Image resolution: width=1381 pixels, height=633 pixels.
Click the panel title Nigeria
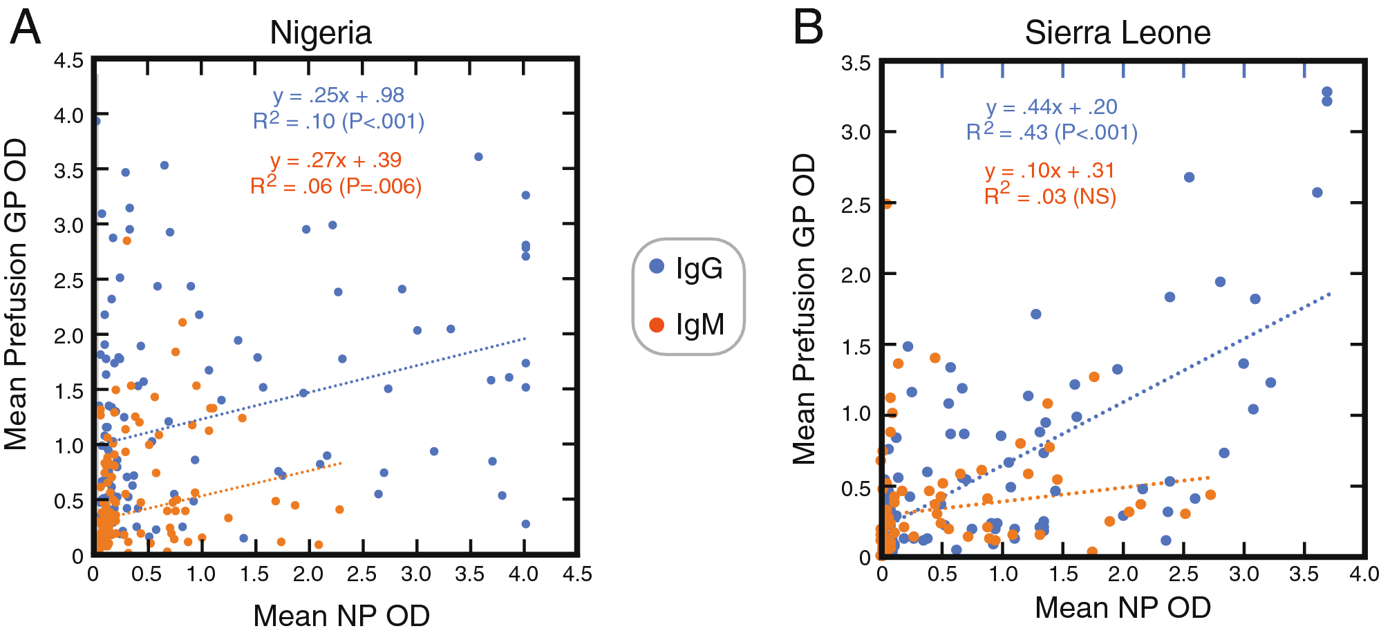[321, 32]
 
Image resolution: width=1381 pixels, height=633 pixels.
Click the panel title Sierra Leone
[1117, 32]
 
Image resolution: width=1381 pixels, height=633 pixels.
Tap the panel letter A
[25, 28]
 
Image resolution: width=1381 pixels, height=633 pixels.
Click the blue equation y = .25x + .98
[338, 95]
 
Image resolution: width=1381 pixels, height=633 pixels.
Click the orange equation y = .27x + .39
[336, 160]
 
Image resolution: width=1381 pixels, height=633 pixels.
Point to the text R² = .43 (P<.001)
[1051, 132]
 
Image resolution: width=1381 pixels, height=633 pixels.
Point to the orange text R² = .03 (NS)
[1050, 196]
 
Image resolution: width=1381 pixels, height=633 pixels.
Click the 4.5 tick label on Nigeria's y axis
[68, 61]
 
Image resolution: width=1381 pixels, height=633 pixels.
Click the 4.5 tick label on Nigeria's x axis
[577, 574]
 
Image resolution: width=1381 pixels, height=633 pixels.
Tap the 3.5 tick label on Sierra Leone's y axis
[856, 64]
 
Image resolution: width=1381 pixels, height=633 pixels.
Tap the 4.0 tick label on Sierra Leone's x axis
[1364, 574]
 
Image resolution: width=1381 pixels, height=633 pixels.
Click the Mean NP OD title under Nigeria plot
[341, 615]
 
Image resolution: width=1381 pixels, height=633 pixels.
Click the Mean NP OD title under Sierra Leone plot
[1122, 607]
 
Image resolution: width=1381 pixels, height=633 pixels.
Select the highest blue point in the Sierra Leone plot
[1326, 92]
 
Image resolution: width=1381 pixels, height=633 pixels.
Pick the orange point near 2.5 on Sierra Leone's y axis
[886, 204]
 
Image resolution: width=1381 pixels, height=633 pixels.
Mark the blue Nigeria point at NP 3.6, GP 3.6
[478, 157]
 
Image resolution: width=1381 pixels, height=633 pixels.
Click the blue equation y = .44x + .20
[1051, 107]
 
